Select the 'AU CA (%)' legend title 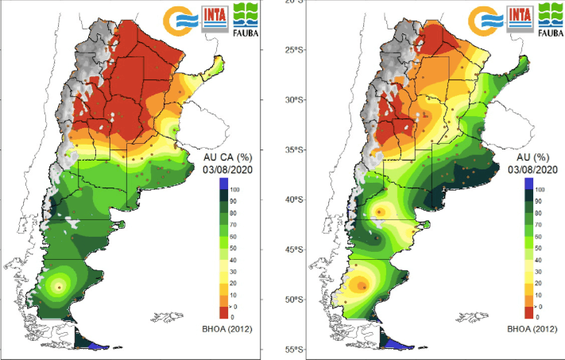click(225, 158)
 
